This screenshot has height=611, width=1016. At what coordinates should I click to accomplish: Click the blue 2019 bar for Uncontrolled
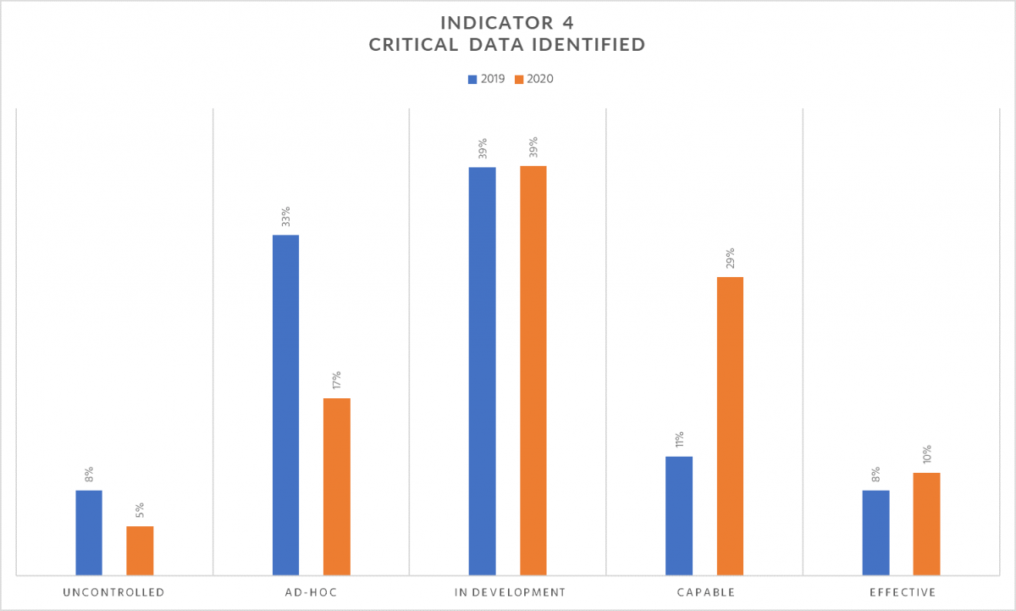[89, 533]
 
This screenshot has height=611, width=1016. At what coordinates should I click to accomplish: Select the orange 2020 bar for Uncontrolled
[140, 551]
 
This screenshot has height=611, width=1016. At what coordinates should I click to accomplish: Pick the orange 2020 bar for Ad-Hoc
[336, 487]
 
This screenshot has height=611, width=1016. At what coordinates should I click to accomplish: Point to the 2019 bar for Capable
[679, 516]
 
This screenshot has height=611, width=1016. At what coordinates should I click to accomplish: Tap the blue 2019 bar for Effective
[875, 533]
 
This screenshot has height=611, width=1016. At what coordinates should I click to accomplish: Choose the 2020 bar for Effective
[926, 525]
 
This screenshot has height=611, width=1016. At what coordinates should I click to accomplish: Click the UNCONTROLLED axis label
[113, 592]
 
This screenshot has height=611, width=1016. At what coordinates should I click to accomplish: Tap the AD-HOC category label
[311, 592]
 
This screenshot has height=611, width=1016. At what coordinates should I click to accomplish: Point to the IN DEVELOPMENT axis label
[507, 592]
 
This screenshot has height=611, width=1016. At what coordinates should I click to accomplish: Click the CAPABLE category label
[705, 592]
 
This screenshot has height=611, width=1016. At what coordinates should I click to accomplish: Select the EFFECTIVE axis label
[901, 592]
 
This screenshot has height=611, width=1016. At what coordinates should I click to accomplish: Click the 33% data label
[286, 216]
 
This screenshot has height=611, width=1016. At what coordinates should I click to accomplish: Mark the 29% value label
[730, 258]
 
